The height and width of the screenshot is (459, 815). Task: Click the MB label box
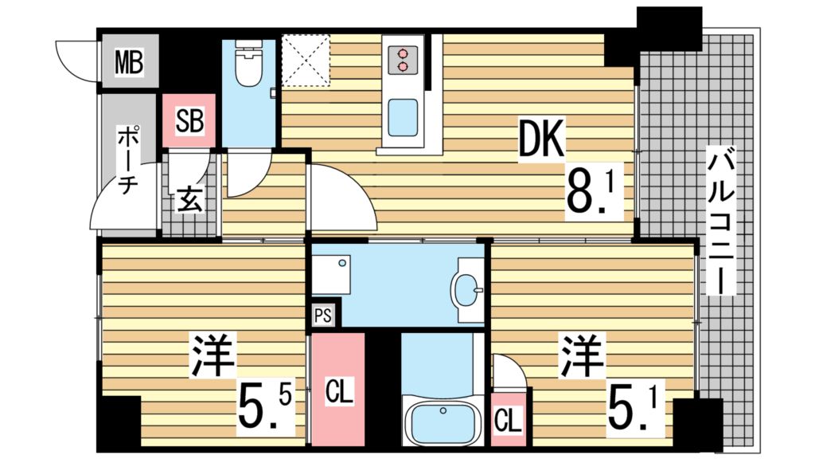(128, 61)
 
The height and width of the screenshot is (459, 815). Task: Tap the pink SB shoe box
(189, 120)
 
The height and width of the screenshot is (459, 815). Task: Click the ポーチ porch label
(127, 159)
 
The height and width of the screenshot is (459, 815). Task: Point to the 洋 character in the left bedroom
(213, 356)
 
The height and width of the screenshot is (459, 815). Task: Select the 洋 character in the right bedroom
(581, 356)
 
